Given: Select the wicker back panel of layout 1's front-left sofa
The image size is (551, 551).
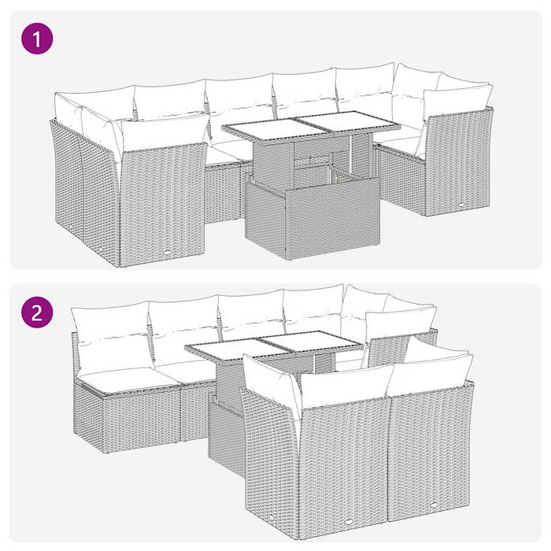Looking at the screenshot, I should click(x=161, y=197).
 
